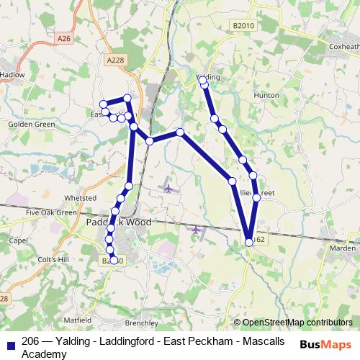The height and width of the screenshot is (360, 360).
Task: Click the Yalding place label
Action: coord(207,76)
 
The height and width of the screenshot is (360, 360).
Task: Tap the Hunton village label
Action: coord(266,94)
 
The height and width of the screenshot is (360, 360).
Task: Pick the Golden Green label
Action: coord(31,124)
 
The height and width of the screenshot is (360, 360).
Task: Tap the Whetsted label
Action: coord(80,197)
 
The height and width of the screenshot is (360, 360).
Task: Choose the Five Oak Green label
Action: coord(50,213)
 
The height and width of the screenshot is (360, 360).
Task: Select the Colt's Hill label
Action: coord(52,259)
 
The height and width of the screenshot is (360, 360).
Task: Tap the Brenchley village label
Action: coord(141,323)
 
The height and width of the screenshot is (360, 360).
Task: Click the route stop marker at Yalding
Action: coord(204,84)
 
